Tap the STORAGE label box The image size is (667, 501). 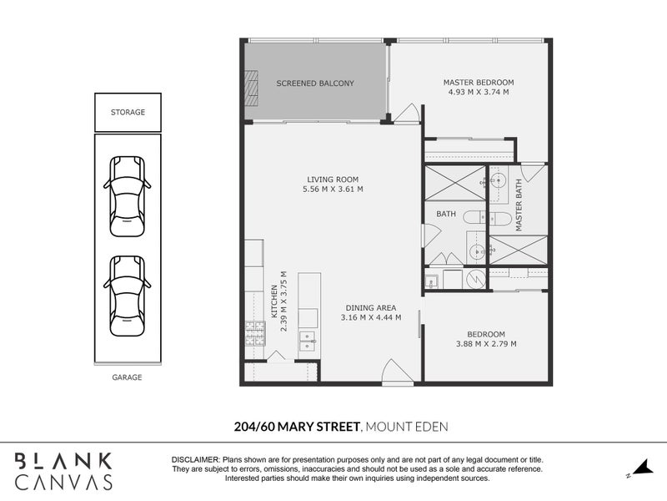tap(128, 112)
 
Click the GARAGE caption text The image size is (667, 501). tap(127, 377)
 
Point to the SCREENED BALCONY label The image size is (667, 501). tap(315, 83)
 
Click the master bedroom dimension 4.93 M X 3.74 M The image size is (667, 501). tap(478, 93)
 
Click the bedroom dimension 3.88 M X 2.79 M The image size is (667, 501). tap(485, 343)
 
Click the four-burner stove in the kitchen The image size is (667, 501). tap(253, 334)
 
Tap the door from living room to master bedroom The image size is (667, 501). tap(407, 114)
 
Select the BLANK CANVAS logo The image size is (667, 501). tap(63, 471)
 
